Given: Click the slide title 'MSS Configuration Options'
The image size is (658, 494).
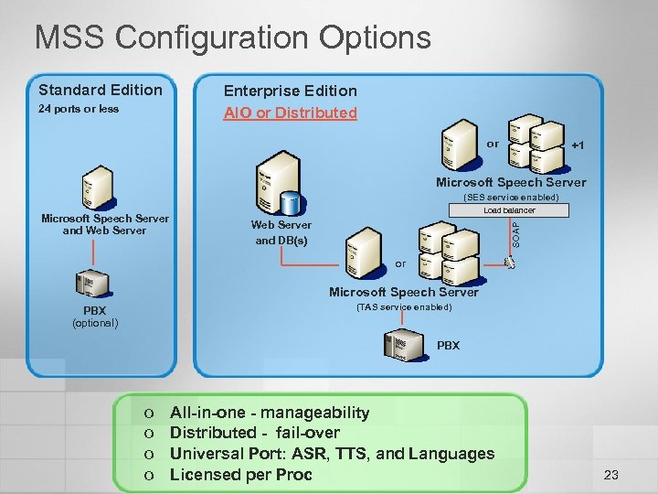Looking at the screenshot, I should tap(232, 38).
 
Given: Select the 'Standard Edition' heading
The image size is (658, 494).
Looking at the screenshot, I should tap(101, 90).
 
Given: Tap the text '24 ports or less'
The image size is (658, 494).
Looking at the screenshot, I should tap(79, 110).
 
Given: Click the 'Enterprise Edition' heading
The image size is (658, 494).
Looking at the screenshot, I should tap(291, 91).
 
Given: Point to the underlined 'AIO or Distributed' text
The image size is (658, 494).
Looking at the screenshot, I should tap(291, 113).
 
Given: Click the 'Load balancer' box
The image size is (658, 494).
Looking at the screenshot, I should tap(509, 210).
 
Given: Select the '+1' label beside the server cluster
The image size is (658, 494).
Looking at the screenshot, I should tap(578, 145).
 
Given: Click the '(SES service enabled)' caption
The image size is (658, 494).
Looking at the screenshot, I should tap(511, 197).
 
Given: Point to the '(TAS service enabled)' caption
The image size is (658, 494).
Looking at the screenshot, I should tap(403, 306).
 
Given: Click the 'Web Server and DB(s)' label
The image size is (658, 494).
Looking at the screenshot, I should tap(281, 232).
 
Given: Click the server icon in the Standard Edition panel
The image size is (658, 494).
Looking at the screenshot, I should tap(96, 188).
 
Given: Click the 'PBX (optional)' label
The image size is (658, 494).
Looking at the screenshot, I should tap(95, 317).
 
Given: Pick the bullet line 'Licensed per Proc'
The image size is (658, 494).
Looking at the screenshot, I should tap(241, 475).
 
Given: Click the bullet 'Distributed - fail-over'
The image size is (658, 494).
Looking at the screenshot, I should tap(255, 433).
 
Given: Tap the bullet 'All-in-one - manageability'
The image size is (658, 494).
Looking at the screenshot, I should tap(270, 413).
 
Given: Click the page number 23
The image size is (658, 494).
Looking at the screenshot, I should tap(611, 475).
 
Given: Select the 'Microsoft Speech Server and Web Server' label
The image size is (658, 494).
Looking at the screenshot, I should tap(105, 224).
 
